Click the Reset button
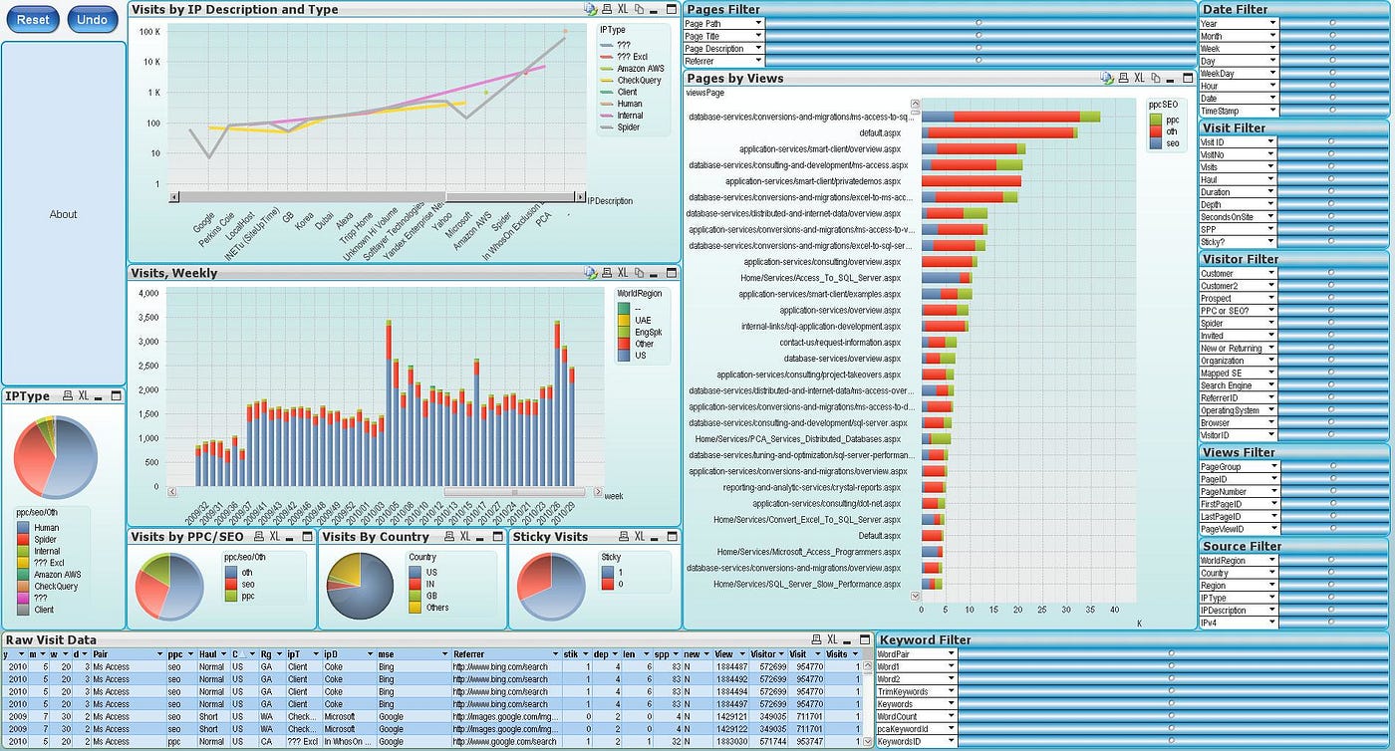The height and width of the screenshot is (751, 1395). click(x=32, y=20)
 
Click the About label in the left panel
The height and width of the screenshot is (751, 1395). click(x=64, y=214)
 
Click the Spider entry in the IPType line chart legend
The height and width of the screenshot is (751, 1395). click(x=629, y=127)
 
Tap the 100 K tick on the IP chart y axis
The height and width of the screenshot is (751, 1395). click(x=148, y=32)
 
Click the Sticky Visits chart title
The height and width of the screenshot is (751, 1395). click(x=550, y=537)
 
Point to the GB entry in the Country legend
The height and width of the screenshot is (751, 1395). click(x=430, y=595)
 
